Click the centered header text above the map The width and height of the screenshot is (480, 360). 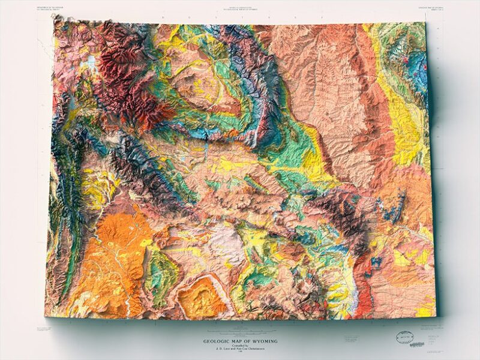coord(239,8)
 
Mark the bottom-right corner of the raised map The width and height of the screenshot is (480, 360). coord(437,316)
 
